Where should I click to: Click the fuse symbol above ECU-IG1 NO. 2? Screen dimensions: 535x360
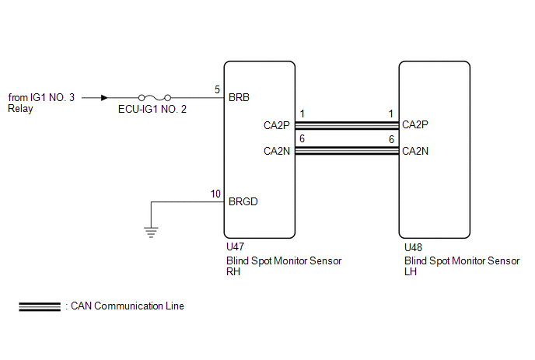pyautogui.click(x=155, y=98)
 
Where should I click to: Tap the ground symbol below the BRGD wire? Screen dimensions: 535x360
pyautogui.click(x=151, y=232)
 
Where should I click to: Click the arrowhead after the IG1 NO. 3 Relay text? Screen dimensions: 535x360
pyautogui.click(x=104, y=98)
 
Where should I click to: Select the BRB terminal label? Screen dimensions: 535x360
pyautogui.click(x=239, y=98)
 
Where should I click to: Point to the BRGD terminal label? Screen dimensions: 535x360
pyautogui.click(x=243, y=201)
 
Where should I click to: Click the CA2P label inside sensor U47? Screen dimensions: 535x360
pyautogui.click(x=276, y=126)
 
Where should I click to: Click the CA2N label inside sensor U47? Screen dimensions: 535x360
pyautogui.click(x=276, y=151)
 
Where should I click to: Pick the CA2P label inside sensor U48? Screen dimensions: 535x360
pyautogui.click(x=415, y=124)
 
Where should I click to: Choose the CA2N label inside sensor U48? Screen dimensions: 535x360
pyautogui.click(x=415, y=151)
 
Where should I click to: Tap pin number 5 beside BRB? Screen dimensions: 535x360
pyautogui.click(x=217, y=89)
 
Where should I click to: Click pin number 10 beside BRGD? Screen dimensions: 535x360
pyautogui.click(x=215, y=194)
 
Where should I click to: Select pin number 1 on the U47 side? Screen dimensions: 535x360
pyautogui.click(x=302, y=114)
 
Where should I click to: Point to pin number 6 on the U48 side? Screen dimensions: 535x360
pyautogui.click(x=391, y=139)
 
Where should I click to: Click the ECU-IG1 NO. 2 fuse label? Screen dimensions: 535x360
pyautogui.click(x=152, y=109)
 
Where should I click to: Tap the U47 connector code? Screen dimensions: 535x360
pyautogui.click(x=235, y=246)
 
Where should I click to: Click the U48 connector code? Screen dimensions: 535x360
pyautogui.click(x=413, y=247)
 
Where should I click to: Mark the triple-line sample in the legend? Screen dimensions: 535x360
pyautogui.click(x=40, y=307)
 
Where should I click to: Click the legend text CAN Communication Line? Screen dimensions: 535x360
pyautogui.click(x=128, y=306)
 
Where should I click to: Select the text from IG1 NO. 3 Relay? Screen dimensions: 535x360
pyautogui.click(x=41, y=103)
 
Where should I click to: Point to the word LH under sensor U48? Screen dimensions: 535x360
pyautogui.click(x=411, y=272)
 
